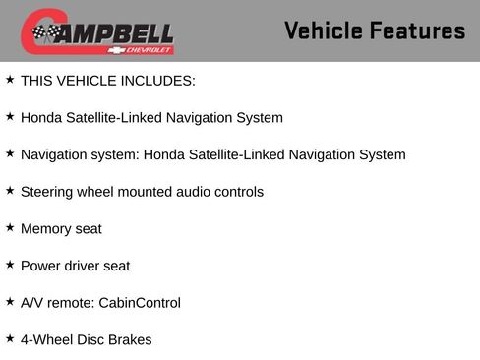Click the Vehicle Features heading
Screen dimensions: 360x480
(374, 30)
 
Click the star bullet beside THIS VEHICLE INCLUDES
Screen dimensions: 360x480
(10, 80)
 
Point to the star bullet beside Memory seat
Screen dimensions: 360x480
(10, 227)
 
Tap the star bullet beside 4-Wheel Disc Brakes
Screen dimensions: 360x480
(10, 338)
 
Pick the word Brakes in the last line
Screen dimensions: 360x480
(129, 339)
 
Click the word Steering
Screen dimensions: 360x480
(48, 192)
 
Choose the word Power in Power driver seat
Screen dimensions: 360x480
(40, 266)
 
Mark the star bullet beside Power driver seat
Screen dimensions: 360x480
(10, 265)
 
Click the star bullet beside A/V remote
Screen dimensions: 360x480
(10, 301)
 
